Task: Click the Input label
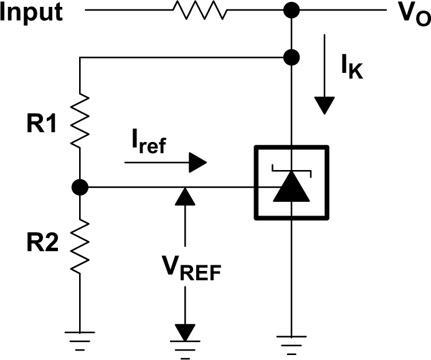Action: click(x=31, y=12)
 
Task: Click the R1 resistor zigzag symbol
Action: click(x=81, y=121)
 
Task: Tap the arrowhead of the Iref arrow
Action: click(x=197, y=163)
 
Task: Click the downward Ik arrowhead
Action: click(x=324, y=105)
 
